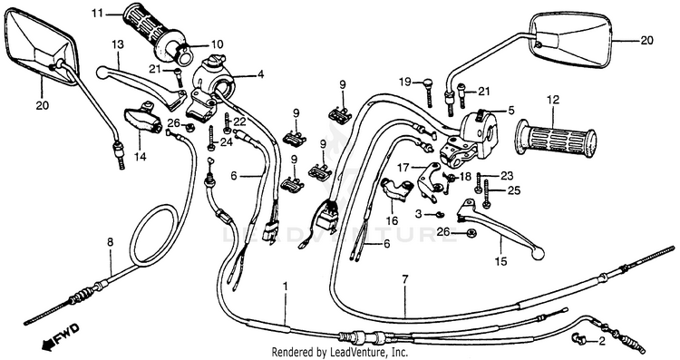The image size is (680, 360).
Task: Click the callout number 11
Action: click(98, 13)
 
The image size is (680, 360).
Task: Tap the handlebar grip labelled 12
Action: click(556, 137)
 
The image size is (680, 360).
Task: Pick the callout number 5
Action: click(511, 111)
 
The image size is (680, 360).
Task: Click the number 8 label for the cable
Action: click(110, 242)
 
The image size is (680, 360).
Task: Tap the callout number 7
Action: click(405, 280)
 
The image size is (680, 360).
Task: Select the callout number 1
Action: click(286, 287)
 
